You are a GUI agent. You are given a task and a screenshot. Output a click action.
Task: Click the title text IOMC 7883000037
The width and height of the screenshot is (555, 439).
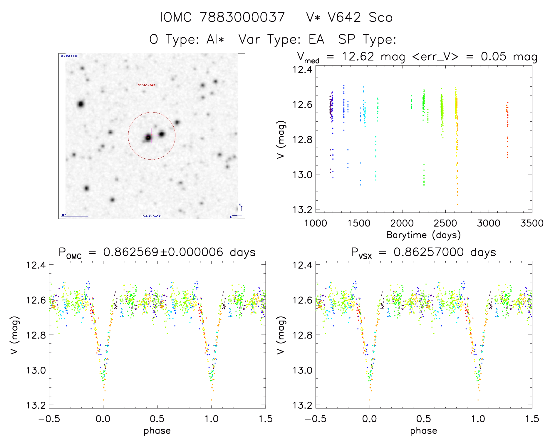tap(222, 17)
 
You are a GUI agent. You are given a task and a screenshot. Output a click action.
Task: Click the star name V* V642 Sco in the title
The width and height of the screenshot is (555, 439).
tap(349, 17)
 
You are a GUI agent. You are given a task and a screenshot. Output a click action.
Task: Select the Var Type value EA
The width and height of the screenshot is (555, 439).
tap(316, 39)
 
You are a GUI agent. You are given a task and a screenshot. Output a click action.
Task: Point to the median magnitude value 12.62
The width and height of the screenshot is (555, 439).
tap(358, 56)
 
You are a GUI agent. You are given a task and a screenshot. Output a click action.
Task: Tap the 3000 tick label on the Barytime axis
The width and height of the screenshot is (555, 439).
tap(488, 223)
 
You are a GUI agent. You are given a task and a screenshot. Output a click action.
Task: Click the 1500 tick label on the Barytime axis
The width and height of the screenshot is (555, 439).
tap(359, 223)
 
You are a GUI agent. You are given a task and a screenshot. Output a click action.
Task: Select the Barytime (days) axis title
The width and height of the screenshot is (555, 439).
tap(423, 235)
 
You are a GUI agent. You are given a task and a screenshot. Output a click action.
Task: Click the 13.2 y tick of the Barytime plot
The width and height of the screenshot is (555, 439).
tap(302, 209)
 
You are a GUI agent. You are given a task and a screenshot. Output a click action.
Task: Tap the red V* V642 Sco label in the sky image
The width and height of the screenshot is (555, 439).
tap(147, 85)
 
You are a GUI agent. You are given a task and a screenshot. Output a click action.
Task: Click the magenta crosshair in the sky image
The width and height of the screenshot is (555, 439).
tap(152, 136)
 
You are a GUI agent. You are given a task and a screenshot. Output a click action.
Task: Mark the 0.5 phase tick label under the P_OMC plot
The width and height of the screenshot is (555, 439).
tap(157, 419)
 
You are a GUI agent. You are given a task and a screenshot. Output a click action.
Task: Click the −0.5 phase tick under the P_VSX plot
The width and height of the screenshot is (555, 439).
tap(316, 419)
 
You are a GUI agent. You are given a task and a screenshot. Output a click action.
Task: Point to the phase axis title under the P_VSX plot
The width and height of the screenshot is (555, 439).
tap(423, 431)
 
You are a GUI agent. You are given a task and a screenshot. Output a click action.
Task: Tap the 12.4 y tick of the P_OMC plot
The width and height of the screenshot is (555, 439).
tap(36, 265)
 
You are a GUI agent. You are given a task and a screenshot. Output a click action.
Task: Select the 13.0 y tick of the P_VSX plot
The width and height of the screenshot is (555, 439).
tap(302, 370)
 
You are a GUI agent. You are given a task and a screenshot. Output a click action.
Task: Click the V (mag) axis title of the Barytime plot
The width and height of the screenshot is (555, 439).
tap(281, 139)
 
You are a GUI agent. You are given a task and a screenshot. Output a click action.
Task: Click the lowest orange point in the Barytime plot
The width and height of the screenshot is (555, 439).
tap(457, 204)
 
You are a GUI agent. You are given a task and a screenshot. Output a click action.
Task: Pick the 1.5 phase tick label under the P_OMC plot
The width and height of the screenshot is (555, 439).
tap(265, 419)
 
